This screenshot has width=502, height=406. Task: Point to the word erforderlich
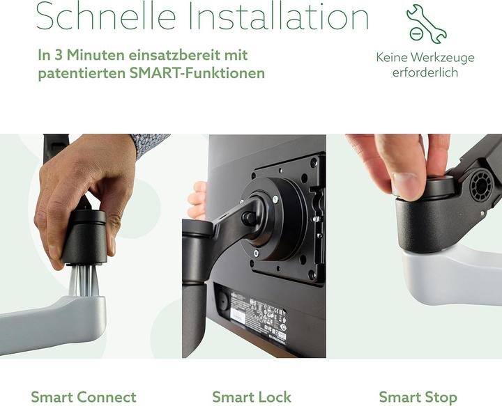pyautogui.click(x=425, y=72)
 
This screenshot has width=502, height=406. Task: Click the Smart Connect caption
pyautogui.click(x=84, y=397)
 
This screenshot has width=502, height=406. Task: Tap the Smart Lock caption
pyautogui.click(x=252, y=397)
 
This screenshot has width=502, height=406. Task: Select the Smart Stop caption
pyautogui.click(x=418, y=397)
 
